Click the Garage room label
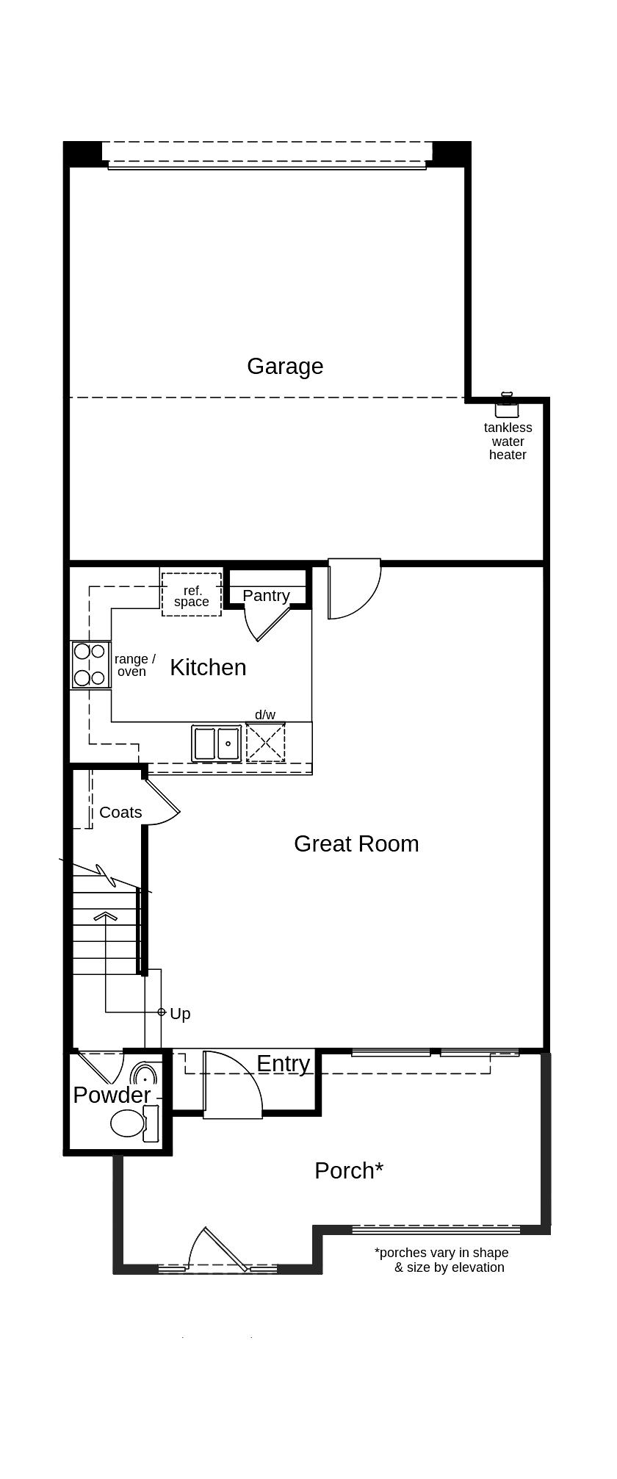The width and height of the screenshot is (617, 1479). [285, 366]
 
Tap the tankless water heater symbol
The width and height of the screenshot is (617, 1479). [507, 406]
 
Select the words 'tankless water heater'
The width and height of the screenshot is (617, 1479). [508, 441]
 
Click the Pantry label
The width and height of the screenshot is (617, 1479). [266, 595]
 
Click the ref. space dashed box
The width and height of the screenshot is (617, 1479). [191, 594]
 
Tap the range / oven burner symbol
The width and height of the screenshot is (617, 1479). [90, 664]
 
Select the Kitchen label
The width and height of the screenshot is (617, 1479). [208, 667]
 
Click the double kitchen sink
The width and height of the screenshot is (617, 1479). [217, 743]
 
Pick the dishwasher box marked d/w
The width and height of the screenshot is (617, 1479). [265, 742]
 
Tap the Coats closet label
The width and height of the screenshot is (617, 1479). [120, 812]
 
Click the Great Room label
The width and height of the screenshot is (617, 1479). [356, 843]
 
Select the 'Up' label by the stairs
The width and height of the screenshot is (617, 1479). [180, 1014]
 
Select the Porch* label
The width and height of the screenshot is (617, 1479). [349, 1170]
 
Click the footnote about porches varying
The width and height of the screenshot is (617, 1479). [442, 1259]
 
